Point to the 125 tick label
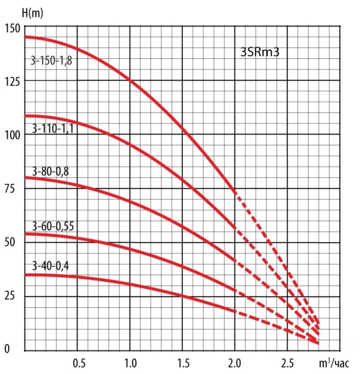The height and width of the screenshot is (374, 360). point(11,81)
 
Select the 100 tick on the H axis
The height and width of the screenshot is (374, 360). point(11,135)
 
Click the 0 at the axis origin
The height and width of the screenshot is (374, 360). point(7,349)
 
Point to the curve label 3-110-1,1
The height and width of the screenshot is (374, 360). point(51,129)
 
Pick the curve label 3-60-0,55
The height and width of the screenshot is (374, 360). point(52,225)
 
